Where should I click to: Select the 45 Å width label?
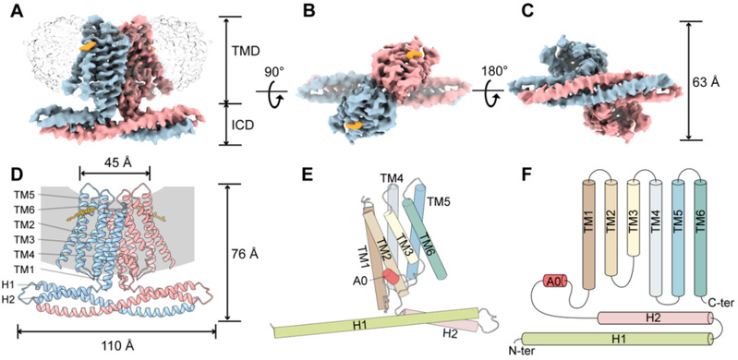[x=115, y=162]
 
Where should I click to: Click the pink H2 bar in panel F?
[x=659, y=318]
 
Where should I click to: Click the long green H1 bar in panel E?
[x=376, y=323]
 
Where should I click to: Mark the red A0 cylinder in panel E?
[x=391, y=277]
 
